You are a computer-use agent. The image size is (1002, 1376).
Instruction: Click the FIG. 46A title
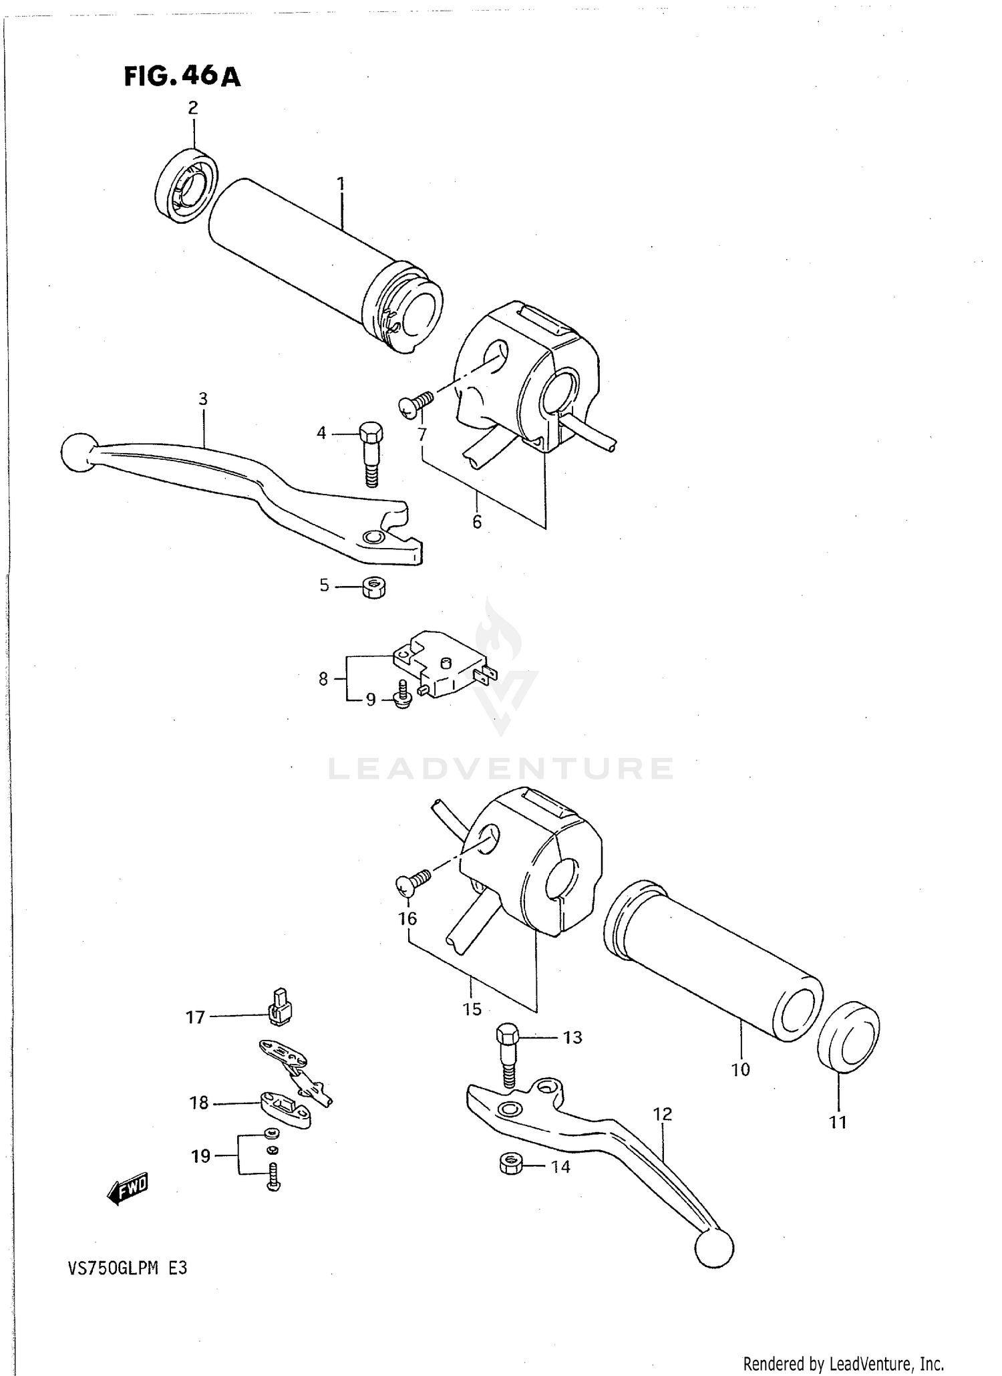click(x=182, y=77)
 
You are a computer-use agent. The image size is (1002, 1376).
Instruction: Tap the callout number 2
click(x=193, y=108)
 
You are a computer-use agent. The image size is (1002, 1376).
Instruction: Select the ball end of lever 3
click(x=78, y=453)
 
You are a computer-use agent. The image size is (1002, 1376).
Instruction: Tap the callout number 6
click(x=477, y=522)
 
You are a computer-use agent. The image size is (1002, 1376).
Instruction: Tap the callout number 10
click(x=741, y=1069)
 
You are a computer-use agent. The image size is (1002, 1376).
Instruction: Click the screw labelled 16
click(x=413, y=881)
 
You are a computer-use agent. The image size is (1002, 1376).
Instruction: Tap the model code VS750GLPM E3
click(x=126, y=1268)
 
